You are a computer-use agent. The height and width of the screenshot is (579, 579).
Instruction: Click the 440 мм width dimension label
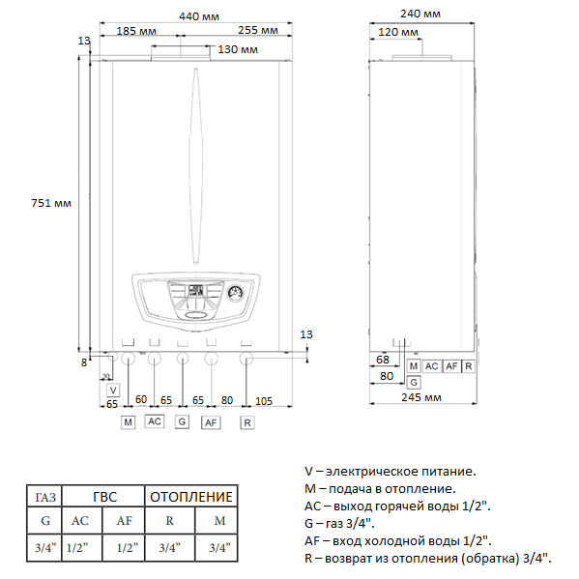coord(199,16)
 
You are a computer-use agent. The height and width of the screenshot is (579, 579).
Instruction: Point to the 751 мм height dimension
coord(51,203)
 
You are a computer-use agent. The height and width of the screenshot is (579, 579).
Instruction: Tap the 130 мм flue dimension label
coord(238,49)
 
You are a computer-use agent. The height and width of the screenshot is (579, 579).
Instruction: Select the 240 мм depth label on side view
coord(420,14)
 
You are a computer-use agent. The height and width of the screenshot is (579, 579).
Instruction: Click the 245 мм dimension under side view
coord(421,397)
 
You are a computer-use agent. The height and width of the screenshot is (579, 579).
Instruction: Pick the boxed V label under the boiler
coord(113,390)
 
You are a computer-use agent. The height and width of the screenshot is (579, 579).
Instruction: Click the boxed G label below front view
coord(182,421)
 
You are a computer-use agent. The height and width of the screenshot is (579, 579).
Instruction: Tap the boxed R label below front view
coord(247,422)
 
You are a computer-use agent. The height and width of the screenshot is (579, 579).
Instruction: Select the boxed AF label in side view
coord(451,366)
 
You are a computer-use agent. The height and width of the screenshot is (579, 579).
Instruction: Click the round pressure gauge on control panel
coord(235,293)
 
